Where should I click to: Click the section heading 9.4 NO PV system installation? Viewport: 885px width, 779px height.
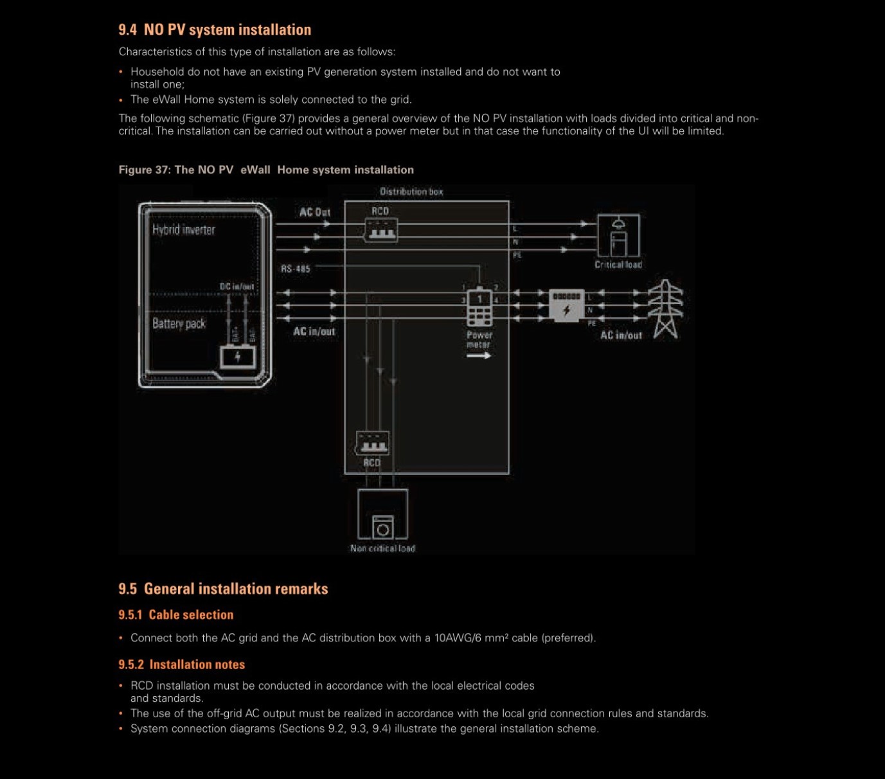[x=215, y=30]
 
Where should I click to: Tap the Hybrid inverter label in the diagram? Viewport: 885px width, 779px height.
[x=183, y=229]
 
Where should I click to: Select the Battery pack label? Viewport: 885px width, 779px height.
[x=179, y=323]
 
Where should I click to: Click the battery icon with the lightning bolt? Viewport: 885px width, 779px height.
[x=238, y=357]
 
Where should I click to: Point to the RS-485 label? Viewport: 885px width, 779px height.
[x=295, y=269]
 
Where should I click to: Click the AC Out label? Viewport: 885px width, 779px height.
[x=314, y=212]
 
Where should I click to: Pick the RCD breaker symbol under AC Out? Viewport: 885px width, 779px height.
[x=380, y=230]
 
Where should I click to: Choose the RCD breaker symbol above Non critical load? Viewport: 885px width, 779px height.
[x=372, y=443]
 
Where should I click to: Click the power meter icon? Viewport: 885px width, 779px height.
[x=479, y=307]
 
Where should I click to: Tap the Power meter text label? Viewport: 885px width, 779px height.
[x=479, y=339]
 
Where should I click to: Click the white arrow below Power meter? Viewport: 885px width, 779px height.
[x=478, y=355]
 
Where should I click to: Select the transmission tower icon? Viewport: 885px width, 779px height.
[x=665, y=309]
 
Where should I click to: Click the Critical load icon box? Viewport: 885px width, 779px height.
[x=618, y=236]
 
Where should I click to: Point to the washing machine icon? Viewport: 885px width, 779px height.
[x=383, y=527]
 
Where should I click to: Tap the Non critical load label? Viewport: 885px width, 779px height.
[x=382, y=548]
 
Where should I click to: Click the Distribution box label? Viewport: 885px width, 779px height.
[x=411, y=192]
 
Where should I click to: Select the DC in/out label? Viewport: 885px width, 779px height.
[x=237, y=287]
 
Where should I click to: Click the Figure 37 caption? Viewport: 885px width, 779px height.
[x=266, y=170]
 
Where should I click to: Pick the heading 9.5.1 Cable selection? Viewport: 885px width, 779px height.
[x=175, y=614]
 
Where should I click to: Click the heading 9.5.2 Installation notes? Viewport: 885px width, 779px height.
[x=181, y=665]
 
